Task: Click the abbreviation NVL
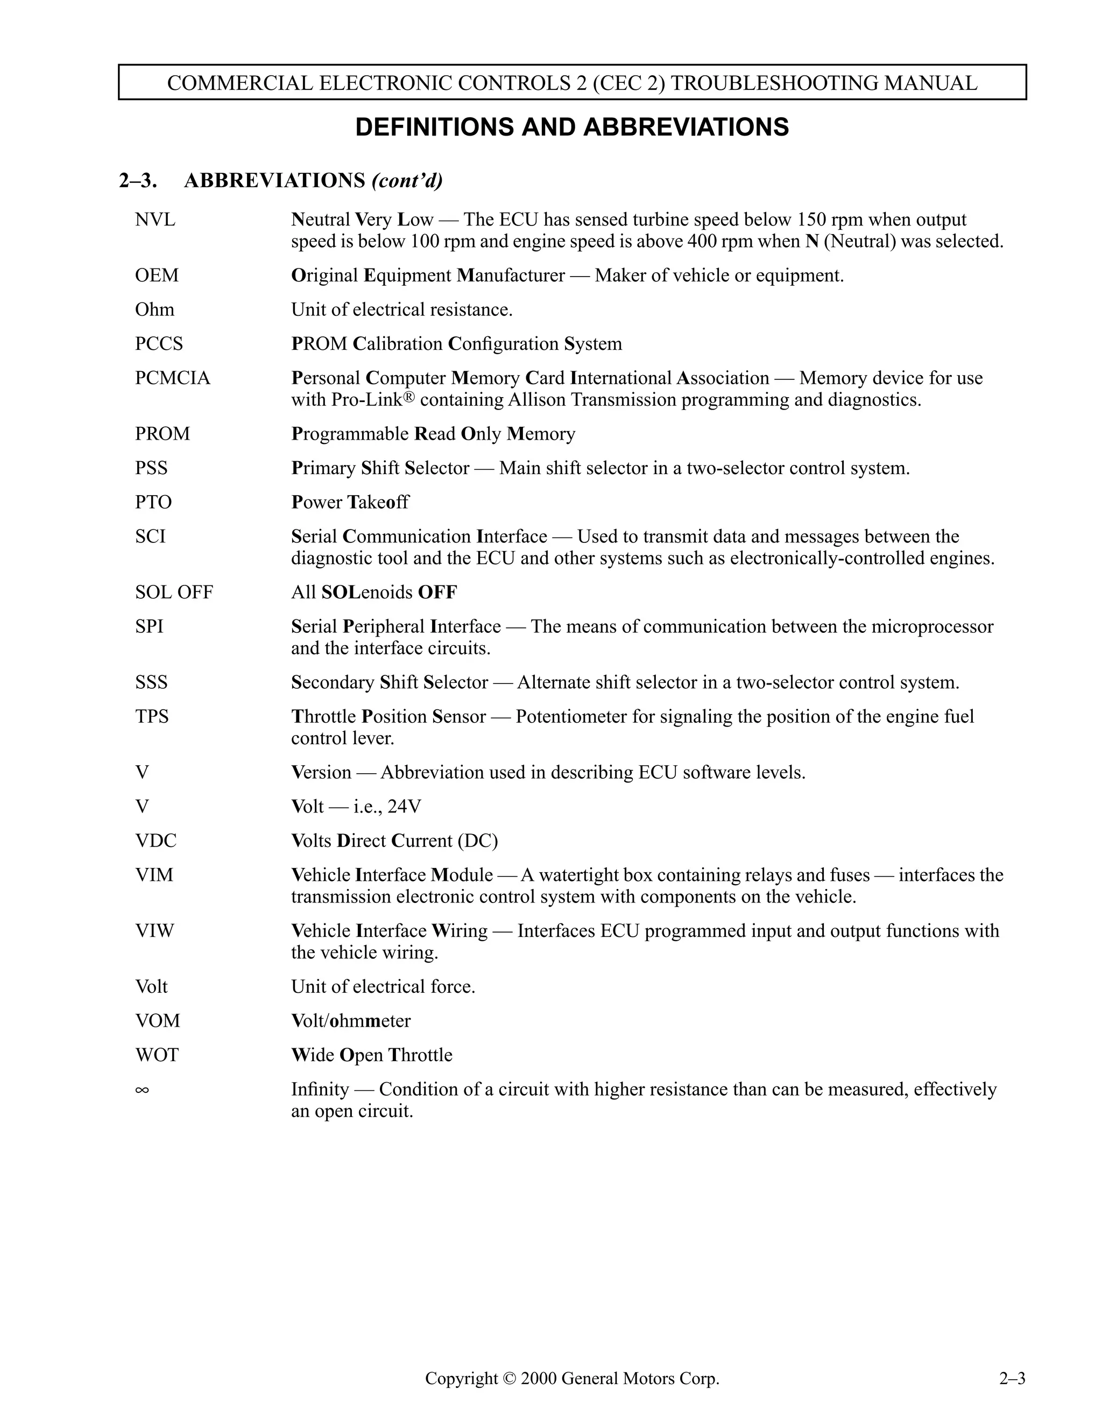click(x=155, y=220)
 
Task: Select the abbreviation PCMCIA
click(x=172, y=378)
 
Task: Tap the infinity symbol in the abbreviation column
click(x=142, y=1090)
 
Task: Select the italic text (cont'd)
click(x=407, y=180)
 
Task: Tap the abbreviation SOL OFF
click(x=174, y=592)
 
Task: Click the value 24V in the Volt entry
click(x=404, y=807)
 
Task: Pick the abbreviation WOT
click(x=157, y=1055)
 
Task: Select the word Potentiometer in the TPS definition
click(x=585, y=717)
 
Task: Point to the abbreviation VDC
click(x=156, y=841)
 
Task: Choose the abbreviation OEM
click(x=157, y=276)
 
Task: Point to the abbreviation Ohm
click(x=155, y=309)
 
